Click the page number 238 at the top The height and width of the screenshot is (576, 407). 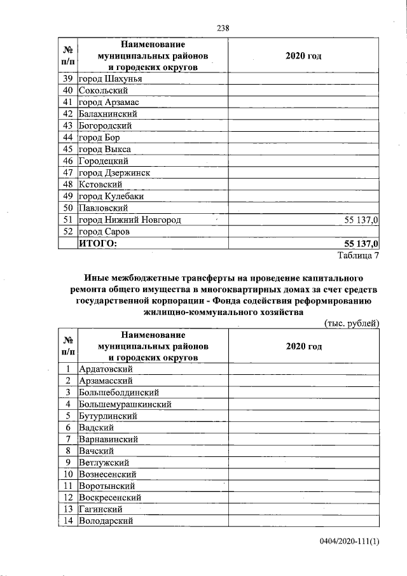(x=223, y=27)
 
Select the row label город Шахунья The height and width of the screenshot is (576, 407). (x=110, y=79)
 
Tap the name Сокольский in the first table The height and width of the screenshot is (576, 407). (x=105, y=90)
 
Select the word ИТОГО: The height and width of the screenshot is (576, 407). (x=98, y=243)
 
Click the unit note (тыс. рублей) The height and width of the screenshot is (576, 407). (x=352, y=323)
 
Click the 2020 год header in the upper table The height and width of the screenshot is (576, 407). (x=303, y=56)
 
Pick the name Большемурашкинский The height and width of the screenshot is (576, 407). (x=125, y=404)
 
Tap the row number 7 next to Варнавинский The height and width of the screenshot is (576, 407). (x=67, y=439)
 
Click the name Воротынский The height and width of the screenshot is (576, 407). (x=107, y=486)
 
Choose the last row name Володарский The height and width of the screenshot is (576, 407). (x=106, y=521)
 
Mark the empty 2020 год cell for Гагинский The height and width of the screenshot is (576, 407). (x=303, y=509)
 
